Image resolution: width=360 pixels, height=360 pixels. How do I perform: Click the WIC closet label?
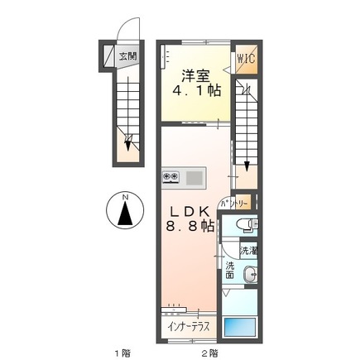[x=246, y=59]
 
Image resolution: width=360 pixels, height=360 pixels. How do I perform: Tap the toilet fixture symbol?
[x=248, y=225]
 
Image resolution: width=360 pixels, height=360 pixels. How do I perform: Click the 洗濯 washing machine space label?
[x=248, y=251]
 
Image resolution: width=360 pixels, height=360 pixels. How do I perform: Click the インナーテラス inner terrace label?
[x=188, y=326]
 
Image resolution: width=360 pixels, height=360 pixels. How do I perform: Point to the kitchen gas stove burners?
[x=171, y=176]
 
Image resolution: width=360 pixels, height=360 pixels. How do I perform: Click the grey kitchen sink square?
[x=194, y=177]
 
